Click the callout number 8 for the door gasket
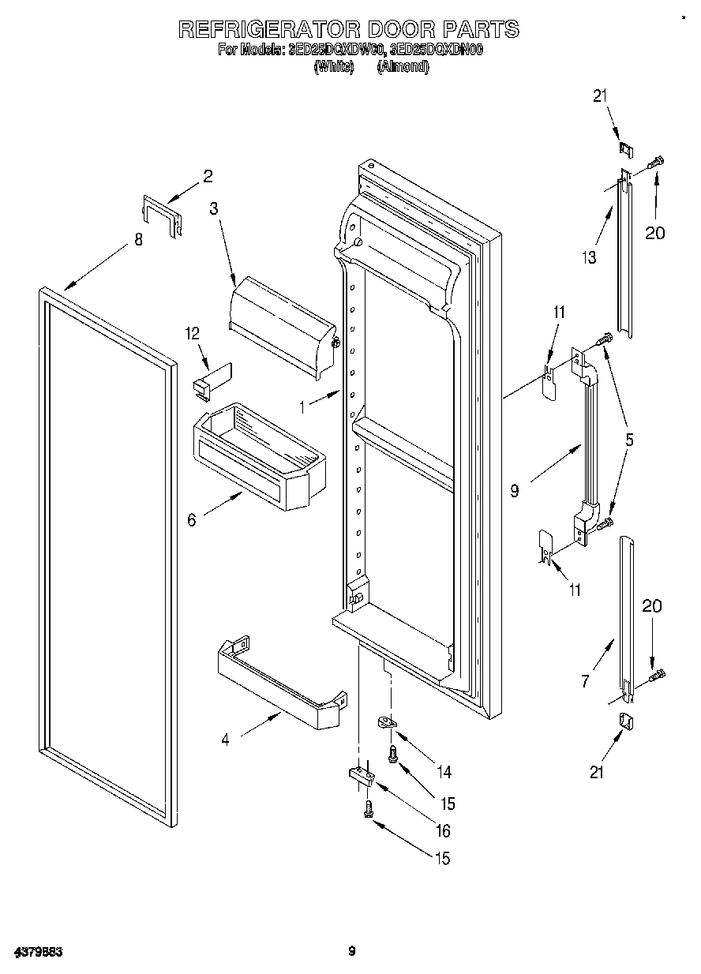pyautogui.click(x=139, y=239)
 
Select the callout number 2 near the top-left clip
pyautogui.click(x=208, y=177)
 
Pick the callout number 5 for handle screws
pyautogui.click(x=629, y=440)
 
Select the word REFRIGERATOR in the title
pyautogui.click(x=268, y=30)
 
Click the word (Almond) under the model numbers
pyautogui.click(x=403, y=67)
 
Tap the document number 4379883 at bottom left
pyautogui.click(x=38, y=951)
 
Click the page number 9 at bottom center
pyautogui.click(x=352, y=951)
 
